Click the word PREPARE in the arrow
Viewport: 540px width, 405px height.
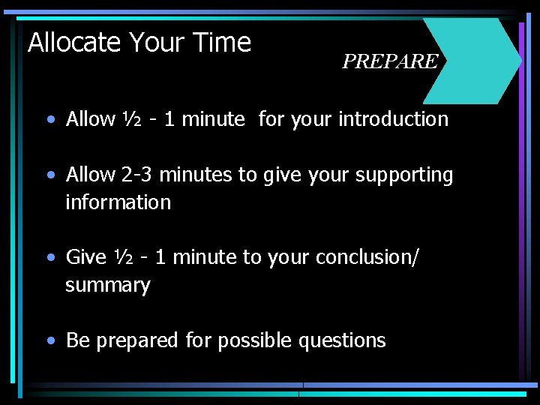coord(389,61)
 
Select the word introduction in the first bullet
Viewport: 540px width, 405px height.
coord(393,119)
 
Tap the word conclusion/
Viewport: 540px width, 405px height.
coord(367,258)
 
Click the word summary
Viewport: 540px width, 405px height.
coord(107,286)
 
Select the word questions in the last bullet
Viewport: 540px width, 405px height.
coord(342,341)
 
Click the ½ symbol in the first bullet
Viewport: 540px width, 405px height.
coord(128,119)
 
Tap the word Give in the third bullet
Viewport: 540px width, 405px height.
coord(86,258)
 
